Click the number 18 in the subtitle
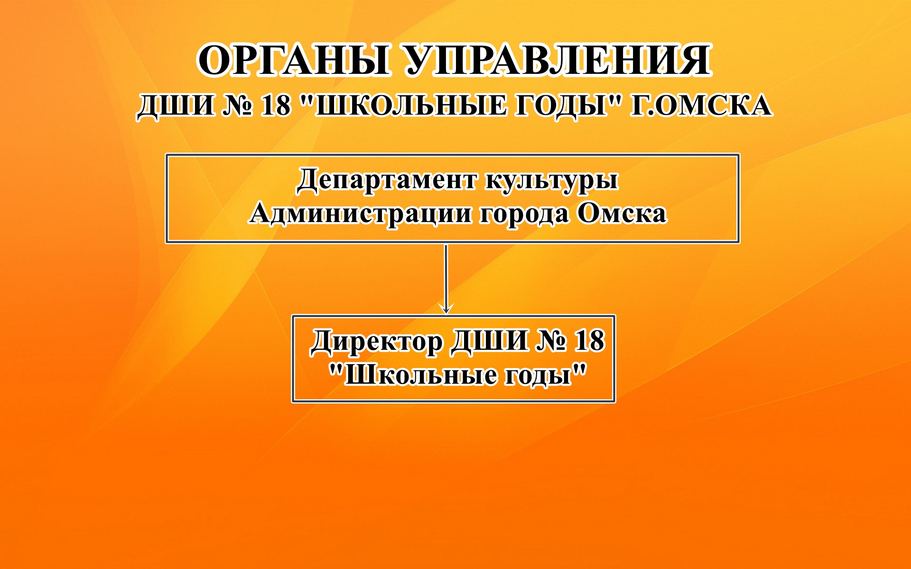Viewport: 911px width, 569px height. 275,105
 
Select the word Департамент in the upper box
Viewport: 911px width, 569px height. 387,181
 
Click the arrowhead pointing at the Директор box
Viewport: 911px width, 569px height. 446,308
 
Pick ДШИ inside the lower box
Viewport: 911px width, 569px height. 489,341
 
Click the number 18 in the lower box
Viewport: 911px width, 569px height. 590,341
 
